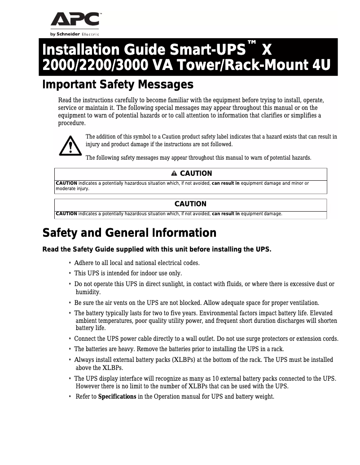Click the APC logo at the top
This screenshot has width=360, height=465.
[75, 20]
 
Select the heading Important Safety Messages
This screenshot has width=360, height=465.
[118, 84]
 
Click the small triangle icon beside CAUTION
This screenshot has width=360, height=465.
[174, 174]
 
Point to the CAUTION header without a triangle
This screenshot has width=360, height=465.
[190, 204]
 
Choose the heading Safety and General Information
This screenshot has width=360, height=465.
[129, 233]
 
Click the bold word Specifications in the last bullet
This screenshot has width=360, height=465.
[117, 397]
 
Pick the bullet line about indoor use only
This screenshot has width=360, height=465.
[128, 273]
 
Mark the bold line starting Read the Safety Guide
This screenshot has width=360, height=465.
[157, 249]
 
